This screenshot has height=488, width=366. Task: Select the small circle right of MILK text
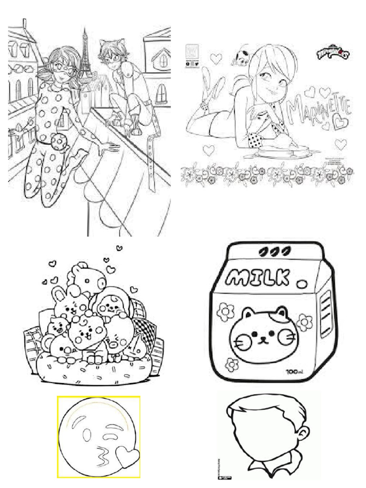[x=301, y=284]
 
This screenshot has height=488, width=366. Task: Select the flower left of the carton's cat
[x=223, y=312]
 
